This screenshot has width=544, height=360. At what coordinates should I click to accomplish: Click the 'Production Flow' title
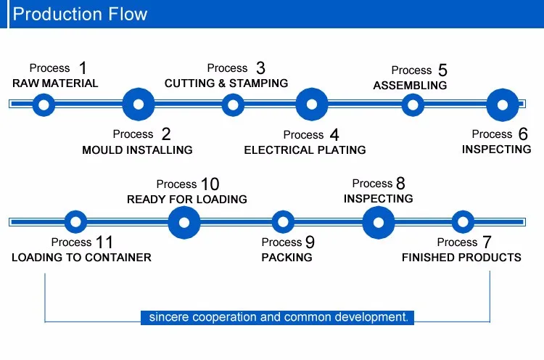(x=80, y=14)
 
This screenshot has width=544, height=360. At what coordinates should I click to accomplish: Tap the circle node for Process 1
(x=44, y=105)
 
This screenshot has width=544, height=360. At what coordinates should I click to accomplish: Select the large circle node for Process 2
(x=139, y=105)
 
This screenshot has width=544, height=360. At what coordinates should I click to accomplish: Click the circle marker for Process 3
(x=232, y=105)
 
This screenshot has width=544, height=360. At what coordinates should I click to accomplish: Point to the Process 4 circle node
(x=312, y=105)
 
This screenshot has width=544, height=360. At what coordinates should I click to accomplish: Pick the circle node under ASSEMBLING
(x=413, y=105)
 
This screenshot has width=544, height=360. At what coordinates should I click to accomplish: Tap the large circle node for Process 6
(x=502, y=105)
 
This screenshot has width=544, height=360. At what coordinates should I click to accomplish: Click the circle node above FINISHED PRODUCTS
(x=463, y=221)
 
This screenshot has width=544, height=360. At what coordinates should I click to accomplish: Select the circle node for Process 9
(x=282, y=221)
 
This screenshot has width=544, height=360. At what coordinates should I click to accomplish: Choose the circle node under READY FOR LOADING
(x=184, y=221)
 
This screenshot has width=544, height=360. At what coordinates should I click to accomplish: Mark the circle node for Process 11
(x=76, y=221)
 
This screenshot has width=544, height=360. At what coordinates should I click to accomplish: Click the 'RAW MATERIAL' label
(x=55, y=83)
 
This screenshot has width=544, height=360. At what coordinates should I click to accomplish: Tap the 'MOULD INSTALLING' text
(x=137, y=150)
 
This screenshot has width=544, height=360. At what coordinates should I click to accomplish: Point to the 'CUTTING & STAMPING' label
(x=226, y=83)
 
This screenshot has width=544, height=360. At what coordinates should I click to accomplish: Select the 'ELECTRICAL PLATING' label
(x=305, y=150)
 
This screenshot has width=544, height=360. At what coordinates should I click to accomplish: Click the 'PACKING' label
(x=287, y=258)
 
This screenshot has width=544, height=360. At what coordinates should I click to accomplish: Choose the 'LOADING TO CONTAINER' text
(x=81, y=258)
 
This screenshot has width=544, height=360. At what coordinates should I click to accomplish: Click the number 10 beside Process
(x=210, y=184)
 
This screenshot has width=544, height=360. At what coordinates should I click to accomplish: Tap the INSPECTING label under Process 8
(x=378, y=199)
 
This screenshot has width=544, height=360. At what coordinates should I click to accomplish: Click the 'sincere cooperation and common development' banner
(x=278, y=317)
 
